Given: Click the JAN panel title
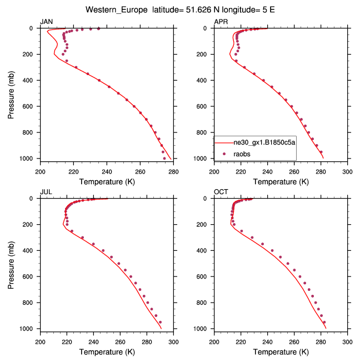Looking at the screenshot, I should point(46,22).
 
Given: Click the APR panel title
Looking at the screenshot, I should point(221,22).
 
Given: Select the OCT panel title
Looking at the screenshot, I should point(221,192).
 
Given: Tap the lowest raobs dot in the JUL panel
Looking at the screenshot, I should point(160,322).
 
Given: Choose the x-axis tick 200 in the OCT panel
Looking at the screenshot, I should point(214,342).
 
